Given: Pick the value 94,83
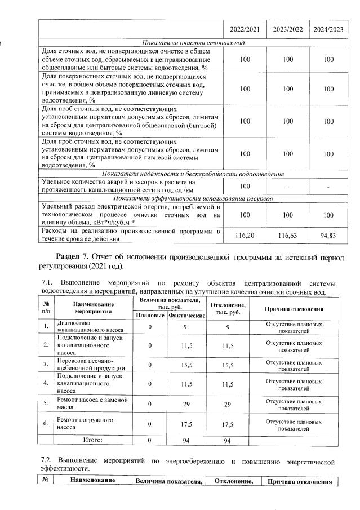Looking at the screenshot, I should [328, 235].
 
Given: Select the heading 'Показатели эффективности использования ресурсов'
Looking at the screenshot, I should [193, 198].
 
